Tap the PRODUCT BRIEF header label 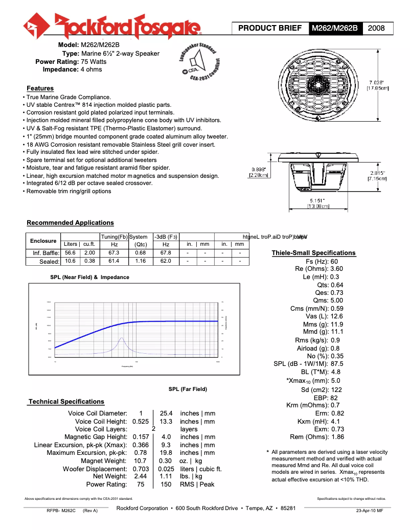click(x=270, y=28)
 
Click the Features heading click(x=40, y=88)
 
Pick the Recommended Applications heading click(x=70, y=223)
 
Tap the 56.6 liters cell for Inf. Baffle click(x=70, y=252)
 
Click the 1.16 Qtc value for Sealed click(x=140, y=261)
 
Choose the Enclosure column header click(x=43, y=241)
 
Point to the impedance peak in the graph click(x=121, y=338)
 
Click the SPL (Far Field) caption click(x=188, y=389)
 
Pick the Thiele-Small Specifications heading click(x=313, y=253)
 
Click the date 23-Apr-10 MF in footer click(x=369, y=511)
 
